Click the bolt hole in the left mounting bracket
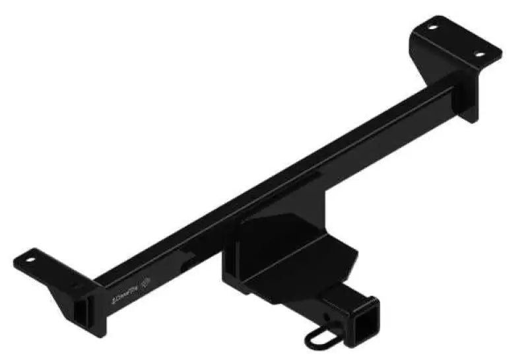pos(31,260)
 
